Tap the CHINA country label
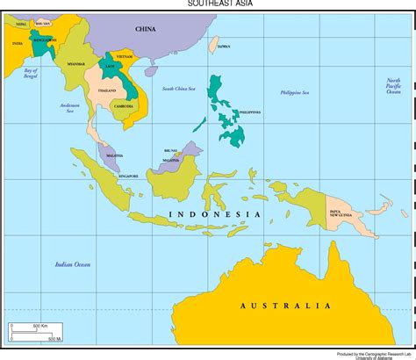pos(145,29)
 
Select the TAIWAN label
pos(224,46)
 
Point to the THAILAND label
pos(107,90)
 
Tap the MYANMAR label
pos(76,64)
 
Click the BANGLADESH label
pos(41,40)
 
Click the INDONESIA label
pos(213,215)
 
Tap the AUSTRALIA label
pos(284,306)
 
